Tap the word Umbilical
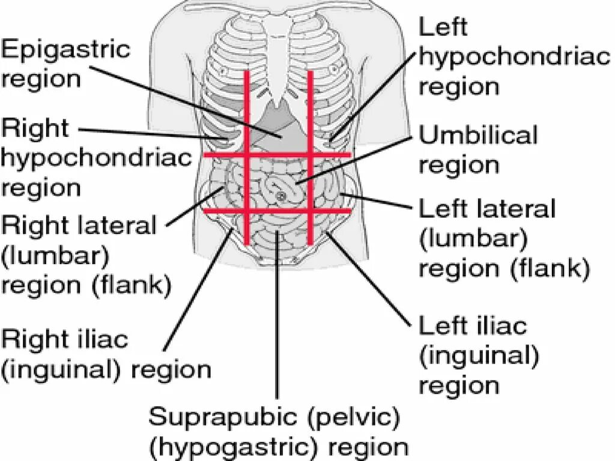[478, 136]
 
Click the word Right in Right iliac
[32, 340]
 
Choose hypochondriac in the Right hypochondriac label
[96, 158]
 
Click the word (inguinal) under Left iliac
[478, 356]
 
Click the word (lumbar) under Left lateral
[473, 240]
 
